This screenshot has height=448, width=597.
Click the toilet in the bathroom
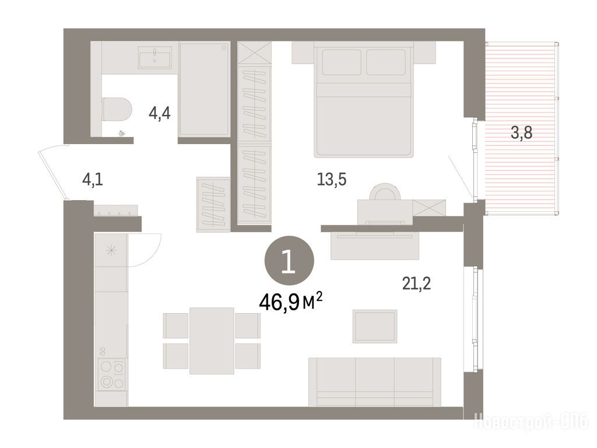pyautogui.click(x=117, y=109)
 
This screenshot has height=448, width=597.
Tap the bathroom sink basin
pyautogui.click(x=154, y=58)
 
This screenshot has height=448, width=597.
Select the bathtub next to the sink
pyautogui.click(x=205, y=89)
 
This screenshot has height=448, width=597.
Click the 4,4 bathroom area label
pyautogui.click(x=160, y=113)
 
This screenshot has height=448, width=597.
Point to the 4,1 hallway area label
pyautogui.click(x=93, y=179)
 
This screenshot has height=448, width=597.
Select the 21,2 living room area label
pyautogui.click(x=416, y=283)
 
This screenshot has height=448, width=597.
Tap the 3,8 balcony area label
pyautogui.click(x=521, y=133)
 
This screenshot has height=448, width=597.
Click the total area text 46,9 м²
pyautogui.click(x=291, y=302)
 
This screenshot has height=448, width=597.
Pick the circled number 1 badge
pyautogui.click(x=289, y=261)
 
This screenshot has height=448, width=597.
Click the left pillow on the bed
pyautogui.click(x=342, y=62)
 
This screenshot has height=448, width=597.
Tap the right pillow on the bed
pyautogui.click(x=386, y=62)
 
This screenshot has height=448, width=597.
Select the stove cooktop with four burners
pyautogui.click(x=111, y=374)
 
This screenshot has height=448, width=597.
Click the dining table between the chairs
pyautogui.click(x=212, y=341)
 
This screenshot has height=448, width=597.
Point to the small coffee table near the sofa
pyautogui.click(x=375, y=326)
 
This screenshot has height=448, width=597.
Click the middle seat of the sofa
pyautogui.click(x=375, y=381)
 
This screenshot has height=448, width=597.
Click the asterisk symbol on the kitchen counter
pyautogui.click(x=111, y=251)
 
